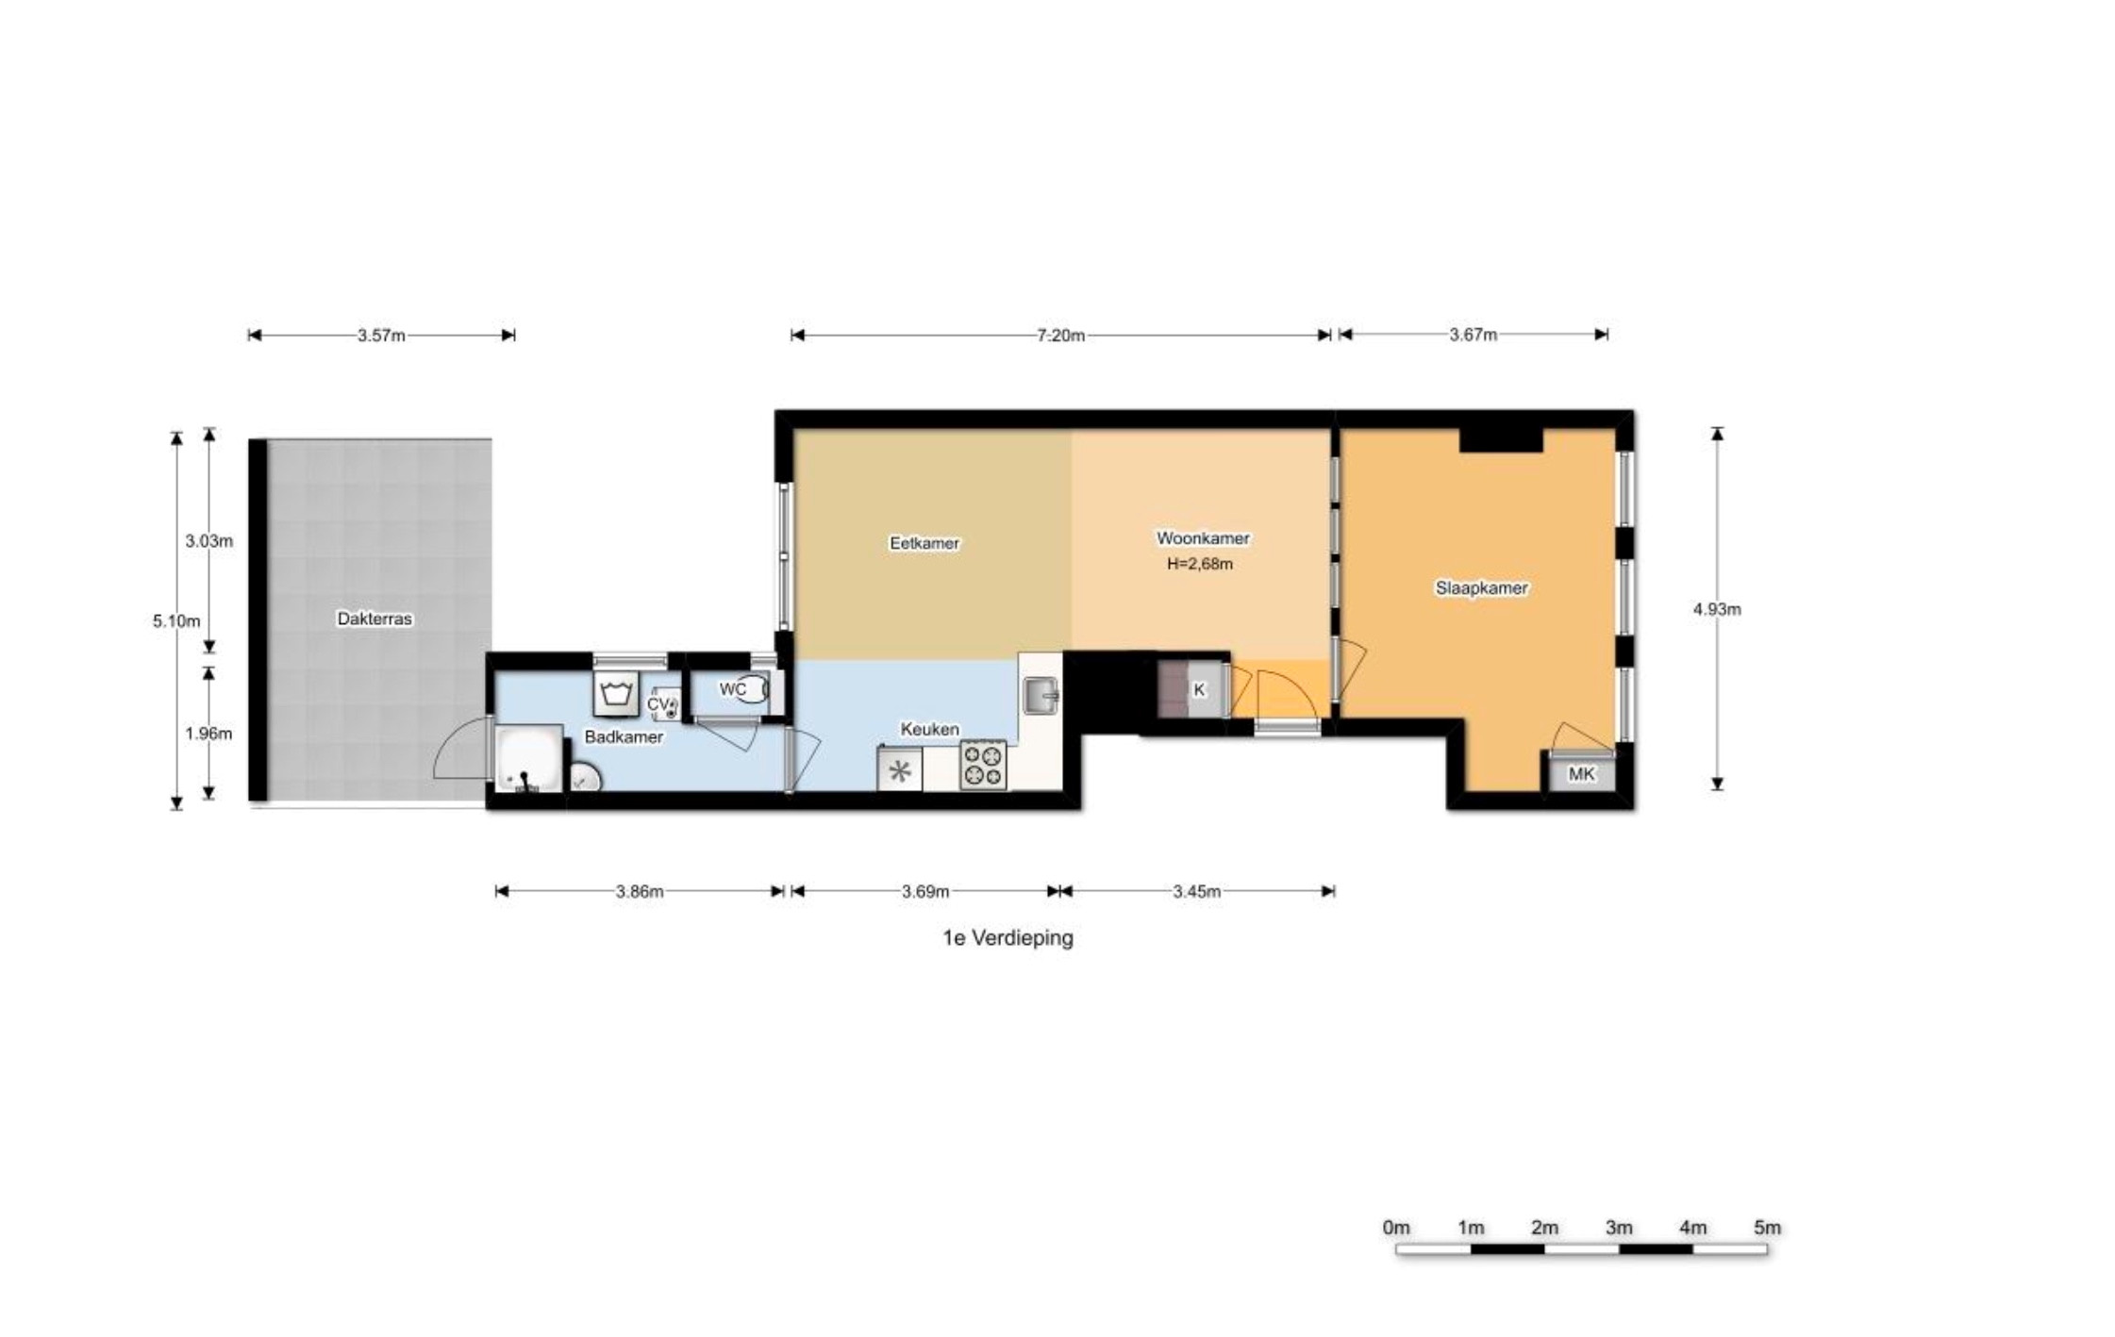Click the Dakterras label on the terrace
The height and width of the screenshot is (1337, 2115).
pos(375,619)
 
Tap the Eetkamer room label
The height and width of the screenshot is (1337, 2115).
pos(924,543)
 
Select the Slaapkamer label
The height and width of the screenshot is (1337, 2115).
pos(1482,587)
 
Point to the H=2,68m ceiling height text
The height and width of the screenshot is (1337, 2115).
pos(1200,565)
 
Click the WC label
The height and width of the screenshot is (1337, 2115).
pos(733,690)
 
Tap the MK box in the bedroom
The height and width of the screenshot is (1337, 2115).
pos(1582,774)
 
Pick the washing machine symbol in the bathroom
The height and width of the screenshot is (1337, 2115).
pos(616,694)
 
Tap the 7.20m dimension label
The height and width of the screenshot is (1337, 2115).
pos(1061,335)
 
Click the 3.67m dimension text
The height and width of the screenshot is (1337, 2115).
pos(1474,335)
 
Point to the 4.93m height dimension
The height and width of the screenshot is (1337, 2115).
pos(1717,609)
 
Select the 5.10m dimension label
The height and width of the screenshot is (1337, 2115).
pos(176,621)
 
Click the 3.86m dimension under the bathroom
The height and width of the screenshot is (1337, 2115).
pos(640,892)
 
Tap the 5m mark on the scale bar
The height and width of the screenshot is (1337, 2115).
pos(1768,1228)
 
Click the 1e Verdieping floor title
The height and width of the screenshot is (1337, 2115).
pos(1008,938)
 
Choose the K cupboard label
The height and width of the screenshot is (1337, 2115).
pos(1199,690)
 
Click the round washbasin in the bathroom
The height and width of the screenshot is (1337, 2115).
pos(586,778)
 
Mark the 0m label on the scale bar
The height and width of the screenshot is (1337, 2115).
pos(1396,1228)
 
